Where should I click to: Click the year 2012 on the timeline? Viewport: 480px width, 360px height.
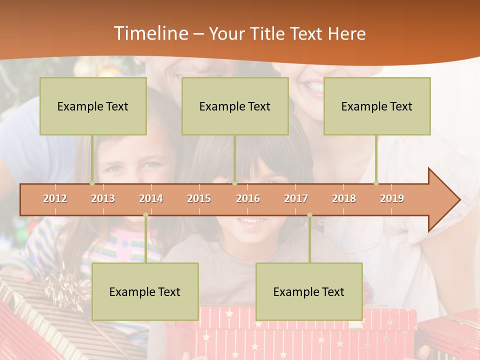(55, 198)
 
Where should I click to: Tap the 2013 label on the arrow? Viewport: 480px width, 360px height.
(103, 198)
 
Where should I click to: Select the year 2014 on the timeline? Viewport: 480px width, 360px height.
(151, 198)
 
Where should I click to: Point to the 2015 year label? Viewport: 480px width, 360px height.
(199, 198)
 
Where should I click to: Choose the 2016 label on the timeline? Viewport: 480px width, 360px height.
(248, 198)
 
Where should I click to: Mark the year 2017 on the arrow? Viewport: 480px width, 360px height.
(296, 198)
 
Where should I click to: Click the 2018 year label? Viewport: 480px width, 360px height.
(344, 198)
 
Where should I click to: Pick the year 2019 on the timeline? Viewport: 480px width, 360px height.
(392, 198)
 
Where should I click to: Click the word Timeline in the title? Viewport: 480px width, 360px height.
(150, 33)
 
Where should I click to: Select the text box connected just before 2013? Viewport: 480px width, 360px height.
(93, 106)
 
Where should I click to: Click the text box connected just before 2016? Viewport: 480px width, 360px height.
(235, 106)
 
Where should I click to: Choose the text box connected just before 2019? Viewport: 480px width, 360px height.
(377, 106)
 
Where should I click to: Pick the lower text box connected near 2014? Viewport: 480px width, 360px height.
(145, 291)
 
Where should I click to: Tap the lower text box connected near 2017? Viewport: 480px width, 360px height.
(309, 291)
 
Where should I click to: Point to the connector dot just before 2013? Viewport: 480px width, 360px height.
(92, 183)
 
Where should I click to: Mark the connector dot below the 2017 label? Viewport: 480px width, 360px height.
(309, 215)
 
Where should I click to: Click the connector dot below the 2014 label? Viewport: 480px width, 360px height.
(145, 215)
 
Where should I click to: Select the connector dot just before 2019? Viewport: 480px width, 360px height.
(376, 183)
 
